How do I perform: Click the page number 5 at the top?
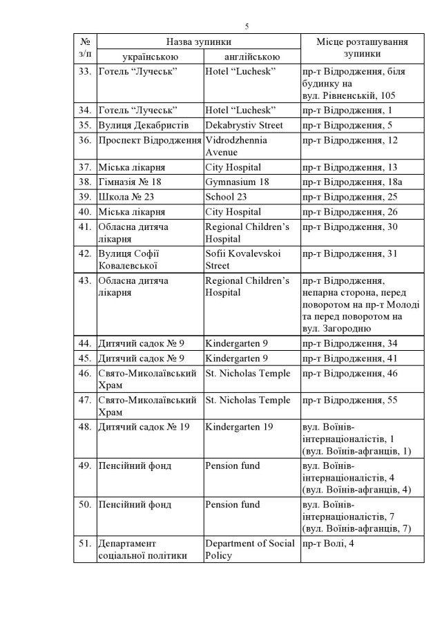[x=247, y=26]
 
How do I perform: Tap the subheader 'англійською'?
[x=252, y=56]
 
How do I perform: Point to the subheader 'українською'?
[x=151, y=56]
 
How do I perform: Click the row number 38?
[x=86, y=182]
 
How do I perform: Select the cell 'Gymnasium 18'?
[x=236, y=182]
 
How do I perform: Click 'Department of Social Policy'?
[x=250, y=549]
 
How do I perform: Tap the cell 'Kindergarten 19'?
[x=239, y=427]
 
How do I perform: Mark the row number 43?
[x=86, y=280]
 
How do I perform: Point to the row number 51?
[x=86, y=544]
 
